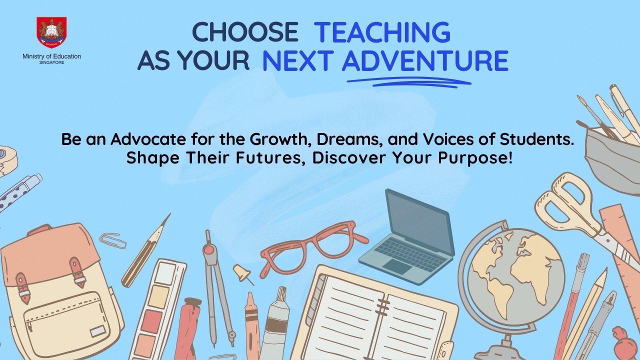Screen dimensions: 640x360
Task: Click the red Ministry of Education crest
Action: [x=51, y=32]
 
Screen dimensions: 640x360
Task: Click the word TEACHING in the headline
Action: [x=382, y=32]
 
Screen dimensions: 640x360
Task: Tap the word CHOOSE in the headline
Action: [x=245, y=32]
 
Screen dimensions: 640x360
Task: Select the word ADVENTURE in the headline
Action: [x=425, y=61]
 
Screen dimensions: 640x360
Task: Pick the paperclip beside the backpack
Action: [x=113, y=240]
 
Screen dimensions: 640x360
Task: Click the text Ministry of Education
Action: [x=51, y=56]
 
